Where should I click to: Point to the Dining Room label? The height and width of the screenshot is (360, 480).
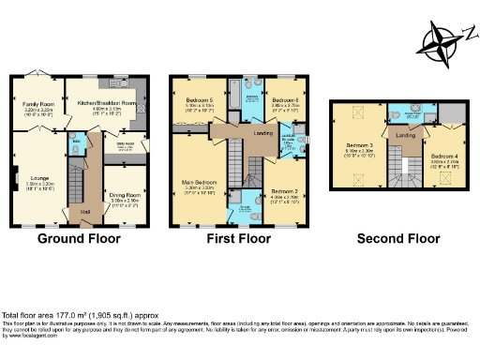click(124, 170)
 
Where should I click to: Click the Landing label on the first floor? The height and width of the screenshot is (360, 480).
click(262, 133)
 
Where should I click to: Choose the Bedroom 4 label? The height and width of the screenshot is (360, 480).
click(444, 156)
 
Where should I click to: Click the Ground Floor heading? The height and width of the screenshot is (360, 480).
click(79, 239)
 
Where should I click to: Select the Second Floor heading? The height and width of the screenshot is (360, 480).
click(398, 239)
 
